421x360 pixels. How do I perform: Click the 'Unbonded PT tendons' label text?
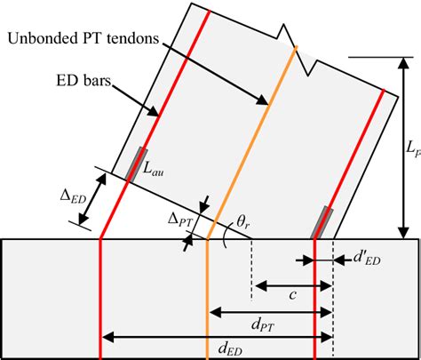[83, 38]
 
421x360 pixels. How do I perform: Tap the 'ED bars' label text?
[83, 80]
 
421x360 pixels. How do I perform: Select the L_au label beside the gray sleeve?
[153, 170]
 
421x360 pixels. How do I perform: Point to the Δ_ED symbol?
[73, 196]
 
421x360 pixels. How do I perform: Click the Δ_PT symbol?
[180, 220]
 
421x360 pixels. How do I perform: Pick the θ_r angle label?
[242, 221]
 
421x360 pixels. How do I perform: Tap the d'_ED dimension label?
[367, 259]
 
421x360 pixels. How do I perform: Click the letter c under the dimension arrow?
[292, 295]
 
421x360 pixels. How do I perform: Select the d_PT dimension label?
[263, 325]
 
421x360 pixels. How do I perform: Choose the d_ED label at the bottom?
[230, 348]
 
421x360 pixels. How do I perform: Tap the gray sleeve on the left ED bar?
[136, 164]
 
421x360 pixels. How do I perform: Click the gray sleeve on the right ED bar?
[322, 222]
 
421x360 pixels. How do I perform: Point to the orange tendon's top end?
[296, 47]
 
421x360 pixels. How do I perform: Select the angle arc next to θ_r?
[224, 237]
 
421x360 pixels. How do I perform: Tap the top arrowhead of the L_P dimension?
[403, 63]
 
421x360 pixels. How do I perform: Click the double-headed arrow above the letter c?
[293, 286]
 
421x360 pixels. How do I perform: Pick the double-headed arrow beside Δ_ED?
[92, 198]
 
